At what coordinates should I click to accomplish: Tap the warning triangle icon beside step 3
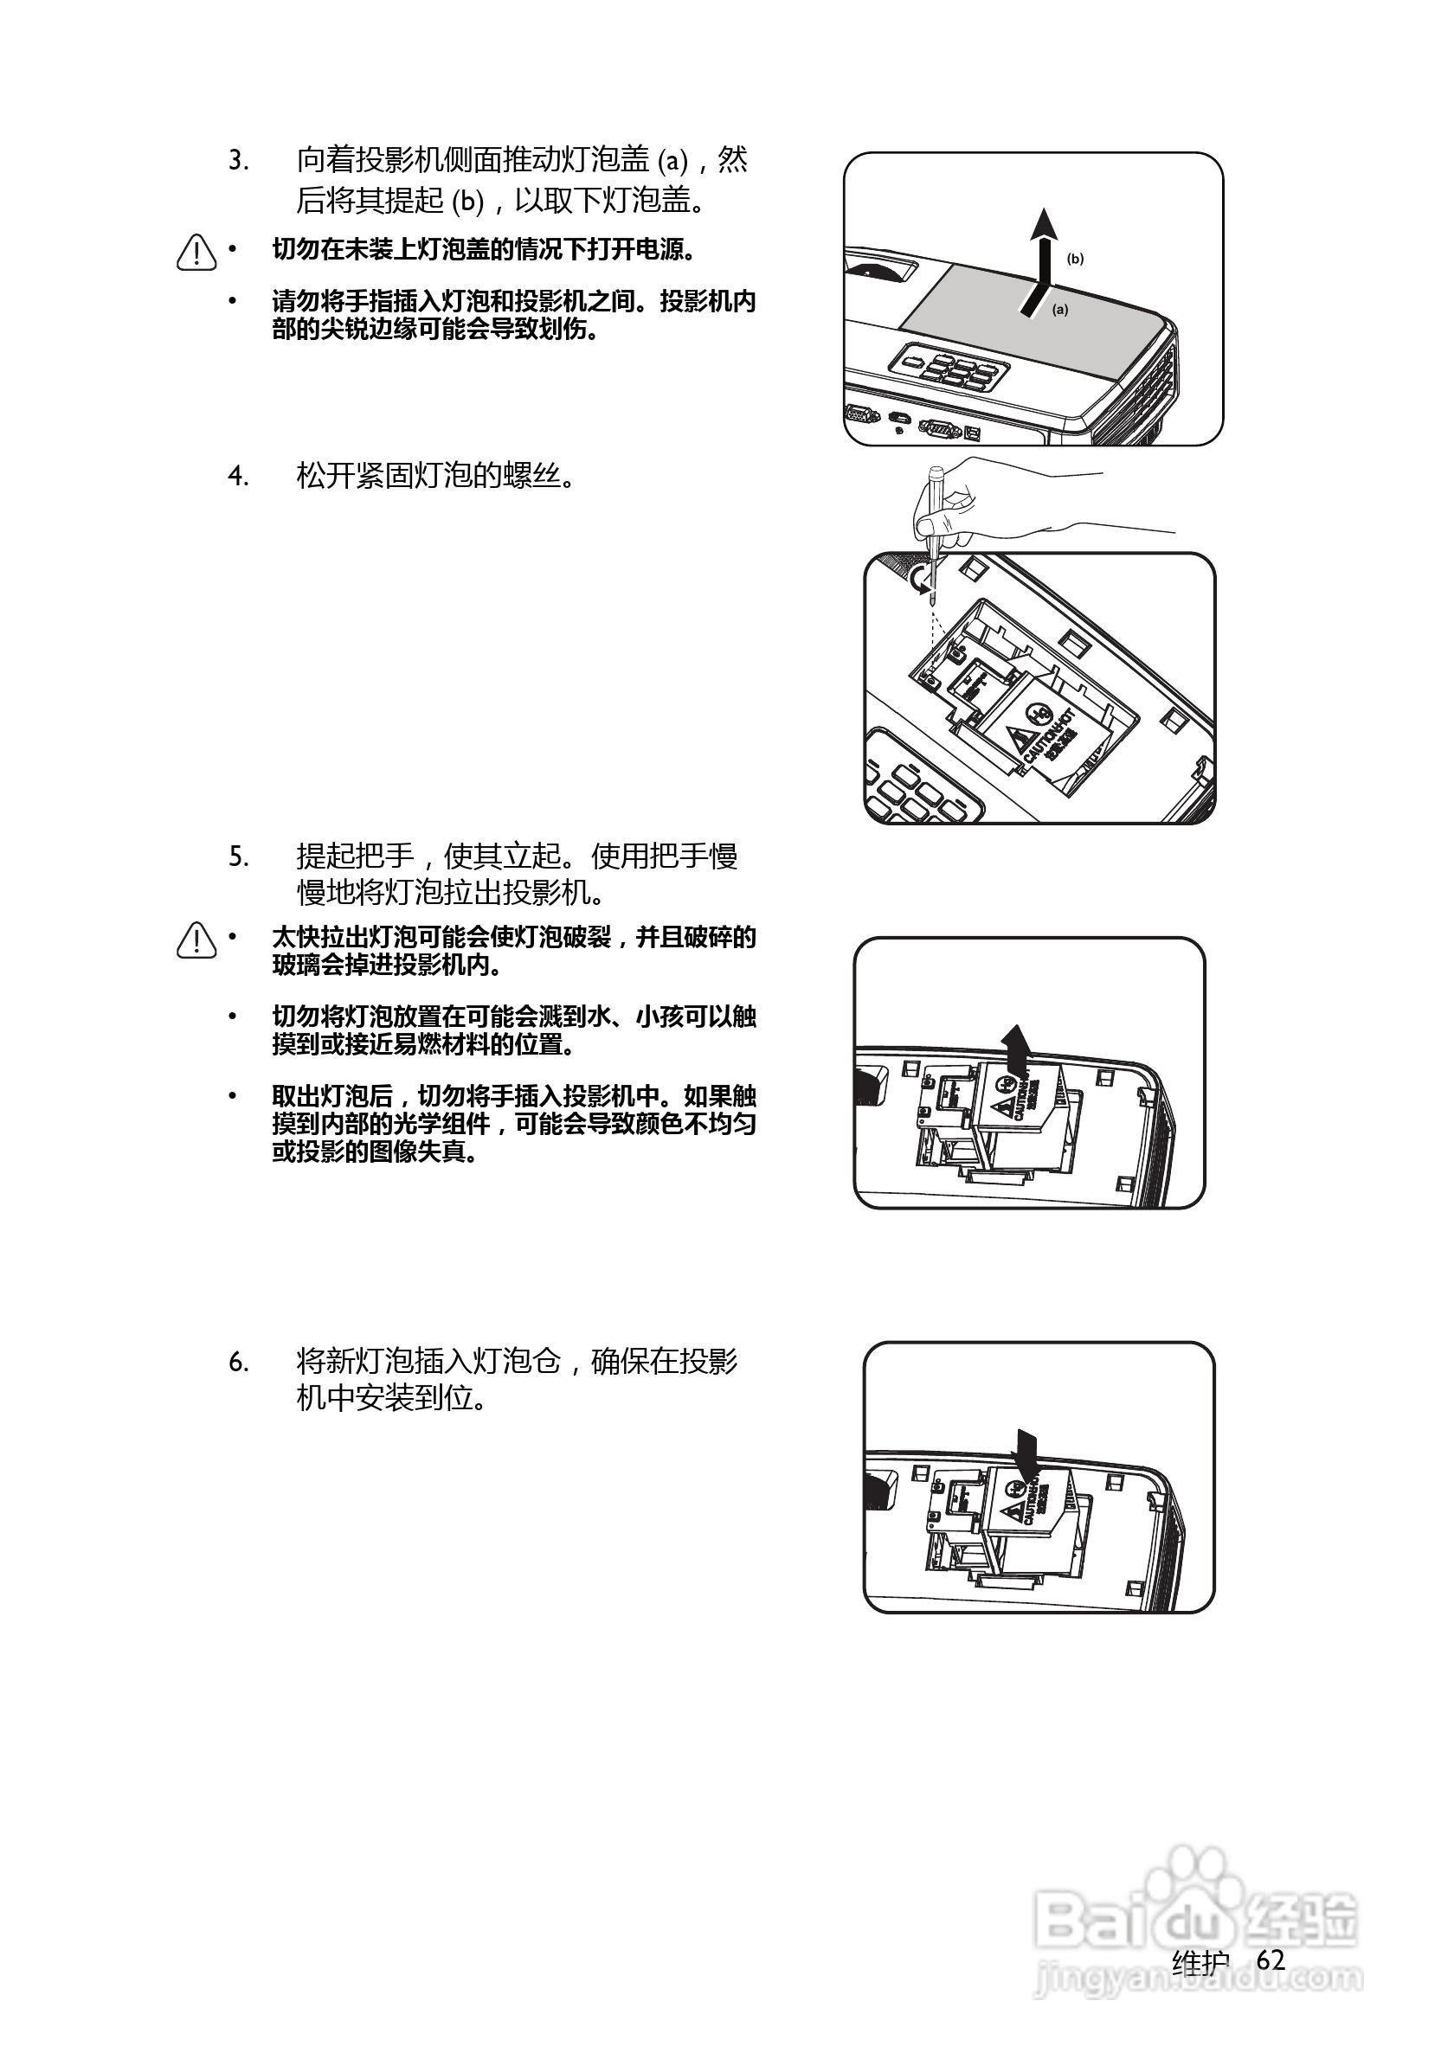196,253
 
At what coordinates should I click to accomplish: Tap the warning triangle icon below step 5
196,940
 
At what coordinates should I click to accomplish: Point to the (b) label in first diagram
1075,260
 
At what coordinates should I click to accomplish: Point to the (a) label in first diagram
1060,311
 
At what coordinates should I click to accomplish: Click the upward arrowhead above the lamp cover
1042,224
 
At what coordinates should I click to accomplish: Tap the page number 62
1271,1960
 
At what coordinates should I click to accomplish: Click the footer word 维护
1200,1962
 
